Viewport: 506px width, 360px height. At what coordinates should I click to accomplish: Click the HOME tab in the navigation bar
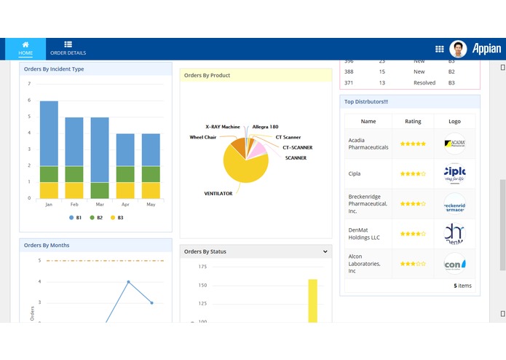[25, 49]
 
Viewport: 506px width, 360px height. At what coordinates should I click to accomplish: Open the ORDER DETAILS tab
[68, 49]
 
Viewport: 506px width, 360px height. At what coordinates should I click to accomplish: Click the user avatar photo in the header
[458, 49]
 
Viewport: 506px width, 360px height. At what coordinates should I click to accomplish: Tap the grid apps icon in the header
[440, 49]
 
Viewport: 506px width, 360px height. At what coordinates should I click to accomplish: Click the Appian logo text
[486, 49]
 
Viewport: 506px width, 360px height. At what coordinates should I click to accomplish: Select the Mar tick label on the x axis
[100, 205]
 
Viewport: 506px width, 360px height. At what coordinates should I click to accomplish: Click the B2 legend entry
[95, 217]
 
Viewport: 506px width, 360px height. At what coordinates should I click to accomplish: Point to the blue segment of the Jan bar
[49, 133]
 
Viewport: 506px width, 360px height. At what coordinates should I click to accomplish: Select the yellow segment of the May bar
[151, 190]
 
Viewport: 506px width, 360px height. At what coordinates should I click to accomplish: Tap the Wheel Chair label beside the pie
[203, 137]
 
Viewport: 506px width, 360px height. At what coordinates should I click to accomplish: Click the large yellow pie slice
[243, 168]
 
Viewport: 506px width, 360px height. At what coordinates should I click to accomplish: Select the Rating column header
[413, 122]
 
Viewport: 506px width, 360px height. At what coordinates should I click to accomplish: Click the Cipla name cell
[355, 174]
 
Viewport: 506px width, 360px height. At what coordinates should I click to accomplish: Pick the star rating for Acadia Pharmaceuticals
[413, 144]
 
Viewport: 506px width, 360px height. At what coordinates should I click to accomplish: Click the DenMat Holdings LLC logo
[454, 234]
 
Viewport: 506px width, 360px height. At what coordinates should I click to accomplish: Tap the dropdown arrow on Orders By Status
[325, 251]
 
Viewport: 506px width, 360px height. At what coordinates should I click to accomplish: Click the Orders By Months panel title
[47, 245]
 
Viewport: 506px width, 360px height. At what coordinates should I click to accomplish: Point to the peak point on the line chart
[129, 281]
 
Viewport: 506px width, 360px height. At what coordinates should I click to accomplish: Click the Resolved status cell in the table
[424, 83]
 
